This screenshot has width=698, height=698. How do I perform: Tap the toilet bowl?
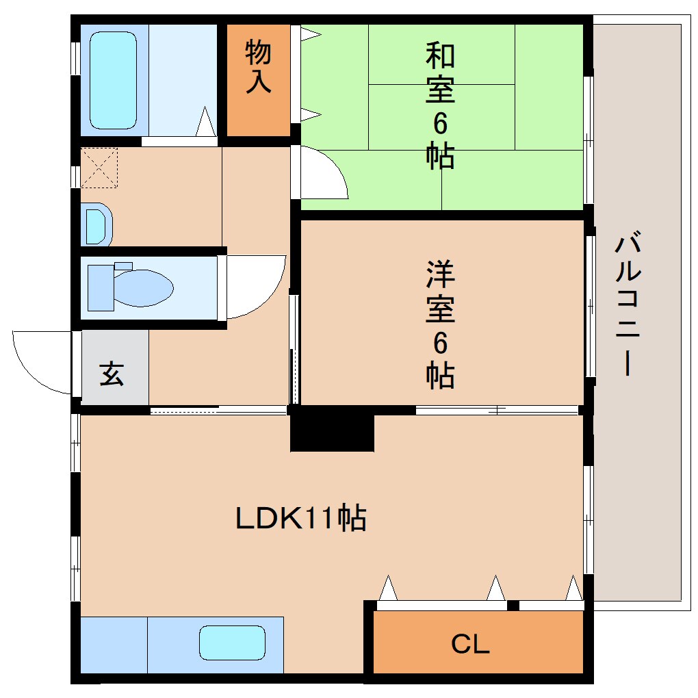point(144,287)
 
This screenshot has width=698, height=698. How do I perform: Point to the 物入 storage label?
point(258,66)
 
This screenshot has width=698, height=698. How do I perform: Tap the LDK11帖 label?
point(301,519)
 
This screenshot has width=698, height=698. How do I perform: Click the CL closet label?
point(471,644)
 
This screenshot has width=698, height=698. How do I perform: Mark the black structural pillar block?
point(332,429)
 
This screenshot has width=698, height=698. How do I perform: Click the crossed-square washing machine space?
point(99,168)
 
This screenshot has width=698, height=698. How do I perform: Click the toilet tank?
point(101,285)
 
